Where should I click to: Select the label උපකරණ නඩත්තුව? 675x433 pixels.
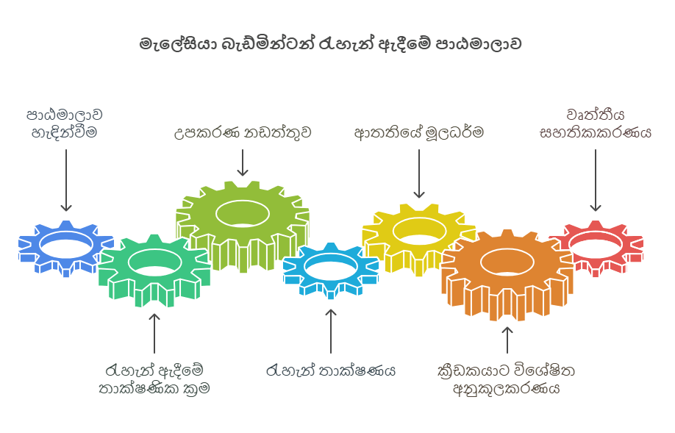click(x=242, y=133)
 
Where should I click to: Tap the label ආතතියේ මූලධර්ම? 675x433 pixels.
click(x=418, y=133)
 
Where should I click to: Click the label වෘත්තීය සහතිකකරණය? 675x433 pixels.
click(x=596, y=124)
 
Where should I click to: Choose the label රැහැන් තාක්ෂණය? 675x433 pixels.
click(x=331, y=370)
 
